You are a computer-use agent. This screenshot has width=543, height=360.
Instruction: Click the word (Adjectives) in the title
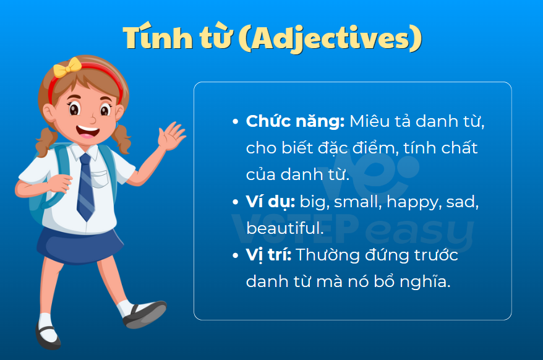(330, 38)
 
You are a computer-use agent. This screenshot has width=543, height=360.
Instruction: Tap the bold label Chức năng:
(295, 122)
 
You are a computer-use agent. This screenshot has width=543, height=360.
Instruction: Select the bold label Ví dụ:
(270, 202)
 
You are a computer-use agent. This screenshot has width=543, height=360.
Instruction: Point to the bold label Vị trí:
(268, 255)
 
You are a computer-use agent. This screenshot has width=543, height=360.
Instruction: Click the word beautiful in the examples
(284, 228)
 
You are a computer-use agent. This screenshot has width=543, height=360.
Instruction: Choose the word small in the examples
(357, 202)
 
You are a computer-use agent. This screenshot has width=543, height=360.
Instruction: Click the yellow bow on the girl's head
(67, 67)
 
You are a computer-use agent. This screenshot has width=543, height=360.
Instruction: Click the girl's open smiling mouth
(87, 132)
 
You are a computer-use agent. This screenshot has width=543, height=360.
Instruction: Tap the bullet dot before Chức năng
(236, 122)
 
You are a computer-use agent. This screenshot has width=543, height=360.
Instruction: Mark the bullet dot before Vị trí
(236, 255)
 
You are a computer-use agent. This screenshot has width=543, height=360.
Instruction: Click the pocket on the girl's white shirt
(101, 179)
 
